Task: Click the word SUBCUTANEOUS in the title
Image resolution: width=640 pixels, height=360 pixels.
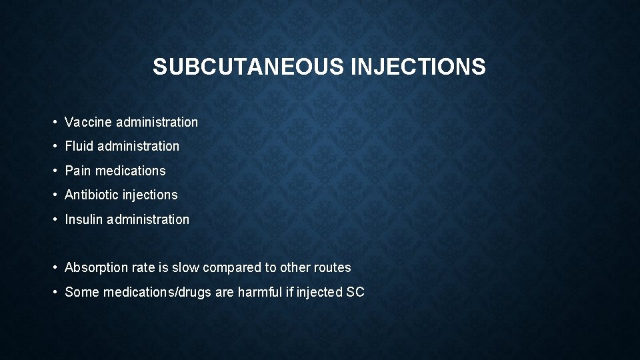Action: tap(248, 67)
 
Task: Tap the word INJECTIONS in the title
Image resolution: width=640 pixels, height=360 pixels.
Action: tap(418, 67)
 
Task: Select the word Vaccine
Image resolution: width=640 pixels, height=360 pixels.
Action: tap(88, 122)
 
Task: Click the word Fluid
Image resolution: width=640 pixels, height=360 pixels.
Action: tap(79, 146)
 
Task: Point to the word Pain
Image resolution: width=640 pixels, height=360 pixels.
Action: tap(78, 171)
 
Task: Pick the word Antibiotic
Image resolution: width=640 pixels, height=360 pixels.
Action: tap(91, 195)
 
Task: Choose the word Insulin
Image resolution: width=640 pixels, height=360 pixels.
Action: tap(83, 219)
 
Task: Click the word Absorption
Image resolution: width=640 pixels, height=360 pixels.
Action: tap(95, 267)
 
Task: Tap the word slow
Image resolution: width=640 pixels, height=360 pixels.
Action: tap(185, 267)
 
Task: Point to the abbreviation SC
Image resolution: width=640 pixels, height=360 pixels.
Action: tap(355, 292)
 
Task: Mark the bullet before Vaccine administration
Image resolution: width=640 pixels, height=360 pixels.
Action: tap(55, 122)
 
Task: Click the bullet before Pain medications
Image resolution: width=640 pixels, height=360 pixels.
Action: tap(55, 171)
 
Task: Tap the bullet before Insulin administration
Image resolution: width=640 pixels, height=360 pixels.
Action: tap(55, 219)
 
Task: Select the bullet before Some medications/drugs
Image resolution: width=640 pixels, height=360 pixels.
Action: tap(55, 292)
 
